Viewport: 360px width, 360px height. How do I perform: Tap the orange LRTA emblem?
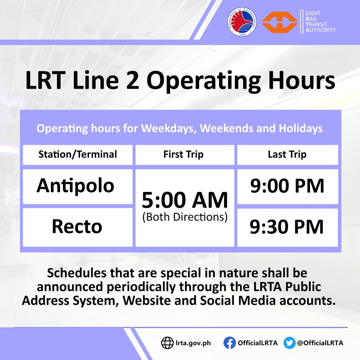pyautogui.click(x=279, y=22)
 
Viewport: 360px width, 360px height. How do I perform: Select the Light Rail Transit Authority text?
pyautogui.click(x=320, y=22)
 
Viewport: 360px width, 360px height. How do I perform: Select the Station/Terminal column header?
pyautogui.click(x=77, y=155)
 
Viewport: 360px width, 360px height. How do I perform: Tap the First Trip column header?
pyautogui.click(x=184, y=155)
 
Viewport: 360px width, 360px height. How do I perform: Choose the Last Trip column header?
pyautogui.click(x=287, y=155)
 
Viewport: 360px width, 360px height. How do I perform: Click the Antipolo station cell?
pyautogui.click(x=75, y=186)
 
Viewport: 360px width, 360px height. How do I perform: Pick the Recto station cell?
pyautogui.click(x=77, y=227)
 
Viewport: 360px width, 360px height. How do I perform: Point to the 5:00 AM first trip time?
pyautogui.click(x=185, y=200)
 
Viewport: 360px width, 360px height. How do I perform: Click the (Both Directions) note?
pyautogui.click(x=185, y=217)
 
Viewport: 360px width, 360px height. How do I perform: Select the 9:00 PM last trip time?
pyautogui.click(x=287, y=186)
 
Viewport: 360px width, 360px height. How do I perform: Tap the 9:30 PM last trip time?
pyautogui.click(x=287, y=227)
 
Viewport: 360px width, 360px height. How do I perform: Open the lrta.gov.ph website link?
pyautogui.click(x=193, y=343)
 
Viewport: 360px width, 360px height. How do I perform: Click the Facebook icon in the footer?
pyautogui.click(x=229, y=343)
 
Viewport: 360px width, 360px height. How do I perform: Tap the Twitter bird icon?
pyautogui.click(x=289, y=343)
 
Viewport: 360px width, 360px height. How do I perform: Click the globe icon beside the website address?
pyautogui.click(x=167, y=343)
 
